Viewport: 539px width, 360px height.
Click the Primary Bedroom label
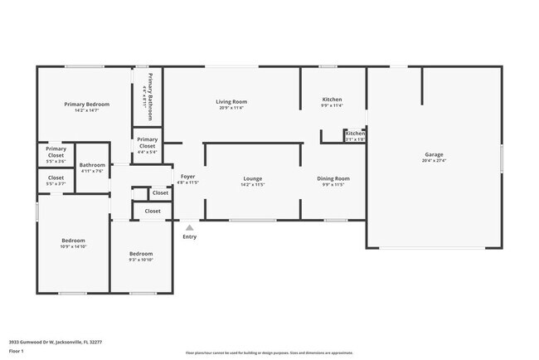87,105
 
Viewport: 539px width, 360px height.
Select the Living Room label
233,102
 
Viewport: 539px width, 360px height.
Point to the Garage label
434,154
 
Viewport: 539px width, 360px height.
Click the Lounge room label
252,178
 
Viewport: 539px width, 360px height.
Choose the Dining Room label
333,178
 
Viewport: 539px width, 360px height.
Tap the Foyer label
188,176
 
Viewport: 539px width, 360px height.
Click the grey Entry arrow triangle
189,227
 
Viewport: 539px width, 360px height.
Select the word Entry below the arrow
190,237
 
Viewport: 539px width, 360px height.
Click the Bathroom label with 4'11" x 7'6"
92,165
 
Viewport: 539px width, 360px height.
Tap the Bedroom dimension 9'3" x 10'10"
140,260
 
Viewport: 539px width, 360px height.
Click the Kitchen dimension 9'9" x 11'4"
332,105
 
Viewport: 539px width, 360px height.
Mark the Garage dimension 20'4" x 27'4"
434,160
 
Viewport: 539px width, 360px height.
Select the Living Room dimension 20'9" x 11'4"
233,107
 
